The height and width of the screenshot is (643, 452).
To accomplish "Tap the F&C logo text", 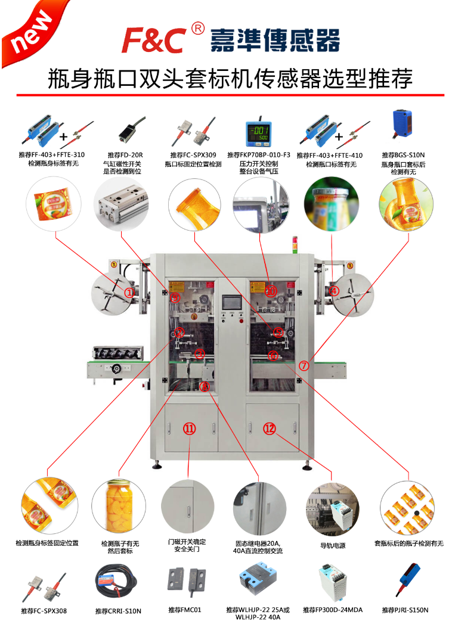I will [154, 40].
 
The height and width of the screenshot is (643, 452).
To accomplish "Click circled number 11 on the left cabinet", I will [189, 428].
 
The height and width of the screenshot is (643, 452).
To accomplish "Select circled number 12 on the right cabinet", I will [270, 428].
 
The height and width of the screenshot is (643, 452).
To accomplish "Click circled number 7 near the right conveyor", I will [304, 365].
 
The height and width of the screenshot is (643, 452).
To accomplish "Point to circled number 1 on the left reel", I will [129, 292].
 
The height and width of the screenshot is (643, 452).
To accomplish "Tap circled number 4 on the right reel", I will [335, 291].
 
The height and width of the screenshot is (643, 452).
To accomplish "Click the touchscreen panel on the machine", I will [230, 303].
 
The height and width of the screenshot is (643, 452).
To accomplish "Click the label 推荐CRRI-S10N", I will [118, 611].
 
